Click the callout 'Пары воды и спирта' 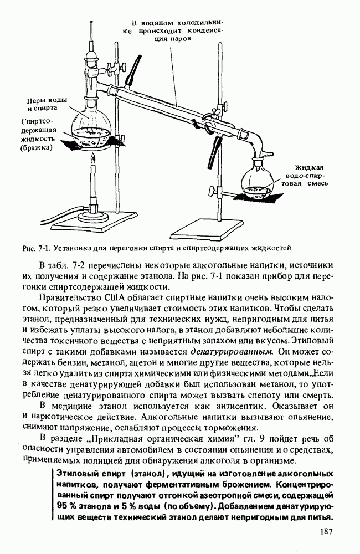(x=47, y=104)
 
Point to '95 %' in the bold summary (x=66, y=506)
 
